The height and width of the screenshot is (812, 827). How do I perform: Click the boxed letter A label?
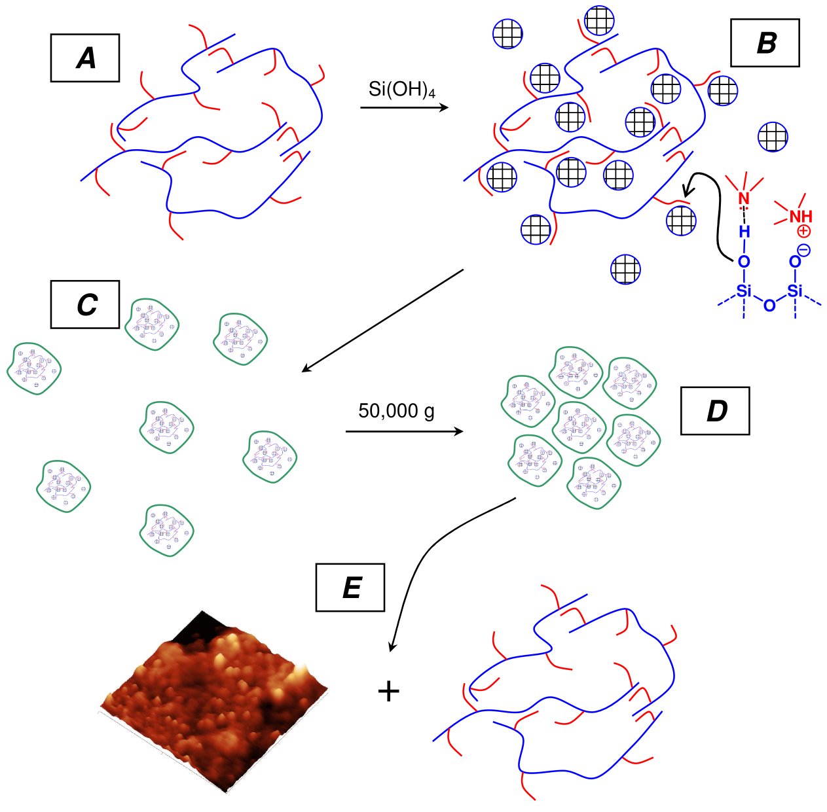(x=85, y=58)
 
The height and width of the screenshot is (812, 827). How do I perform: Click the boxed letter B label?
(x=765, y=43)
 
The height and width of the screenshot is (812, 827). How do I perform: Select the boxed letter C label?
(x=85, y=304)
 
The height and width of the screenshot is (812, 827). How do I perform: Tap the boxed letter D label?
(x=716, y=411)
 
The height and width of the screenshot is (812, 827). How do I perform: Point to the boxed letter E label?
(x=350, y=587)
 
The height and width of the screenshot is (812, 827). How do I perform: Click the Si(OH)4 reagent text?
(x=401, y=90)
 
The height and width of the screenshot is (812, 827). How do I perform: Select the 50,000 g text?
(x=396, y=411)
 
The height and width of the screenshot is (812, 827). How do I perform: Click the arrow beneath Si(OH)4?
(x=404, y=107)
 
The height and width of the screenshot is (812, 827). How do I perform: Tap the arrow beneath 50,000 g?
(x=404, y=431)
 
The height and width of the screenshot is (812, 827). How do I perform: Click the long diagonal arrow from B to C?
(x=382, y=321)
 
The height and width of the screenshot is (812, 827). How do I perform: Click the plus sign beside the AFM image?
(x=388, y=692)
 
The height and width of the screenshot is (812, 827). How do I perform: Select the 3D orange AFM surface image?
(x=213, y=703)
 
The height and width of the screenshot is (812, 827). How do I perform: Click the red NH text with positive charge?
(x=801, y=217)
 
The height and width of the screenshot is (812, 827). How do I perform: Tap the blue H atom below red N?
(x=744, y=232)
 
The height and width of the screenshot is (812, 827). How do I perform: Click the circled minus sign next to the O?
(x=804, y=251)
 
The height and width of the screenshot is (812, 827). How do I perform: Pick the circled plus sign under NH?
(x=804, y=232)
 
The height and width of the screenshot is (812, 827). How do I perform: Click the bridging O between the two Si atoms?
(x=769, y=306)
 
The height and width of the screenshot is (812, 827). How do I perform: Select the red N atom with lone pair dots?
(x=744, y=199)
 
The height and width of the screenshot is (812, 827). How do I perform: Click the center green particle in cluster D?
(x=579, y=427)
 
